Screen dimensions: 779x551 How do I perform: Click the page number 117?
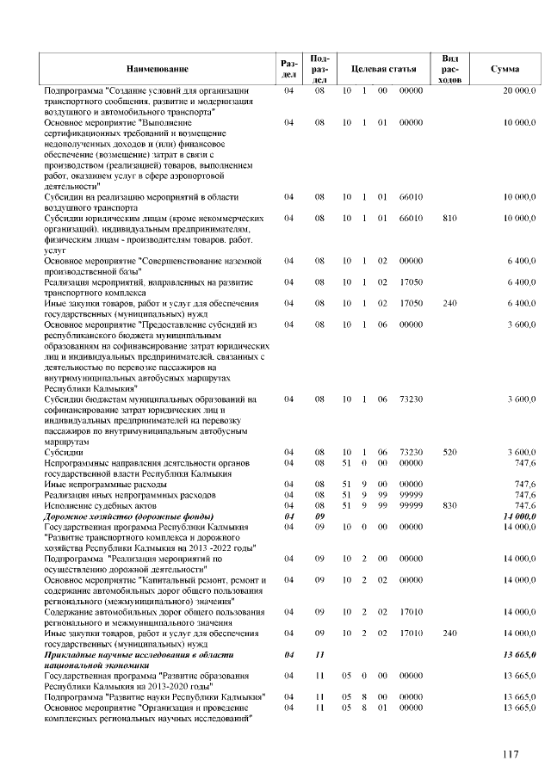[511, 755]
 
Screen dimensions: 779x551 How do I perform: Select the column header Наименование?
[157, 67]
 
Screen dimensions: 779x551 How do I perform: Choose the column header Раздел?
[289, 67]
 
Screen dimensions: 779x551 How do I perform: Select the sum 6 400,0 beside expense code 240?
[521, 303]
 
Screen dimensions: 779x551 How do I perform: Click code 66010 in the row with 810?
[411, 219]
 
